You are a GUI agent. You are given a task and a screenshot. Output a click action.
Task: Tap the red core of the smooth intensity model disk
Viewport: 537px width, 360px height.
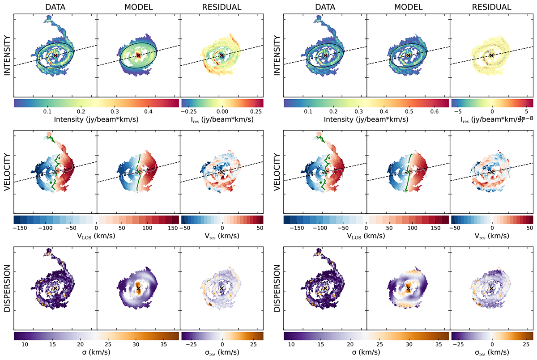tap(138, 55)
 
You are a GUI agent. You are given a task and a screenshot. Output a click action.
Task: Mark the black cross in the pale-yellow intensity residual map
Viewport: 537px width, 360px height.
tap(491, 55)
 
